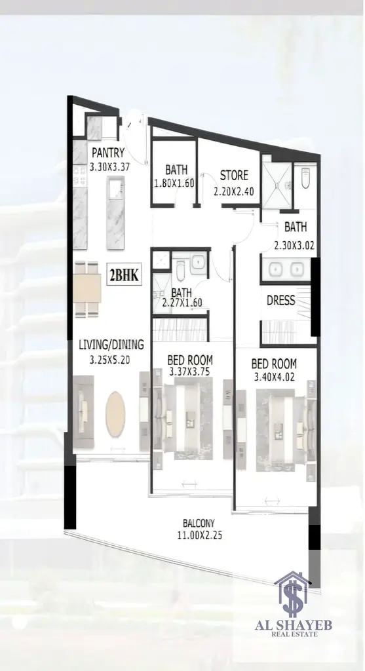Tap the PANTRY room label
tap(108, 152)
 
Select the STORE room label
tap(234, 175)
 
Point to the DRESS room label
tap(280, 300)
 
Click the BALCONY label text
tap(199, 523)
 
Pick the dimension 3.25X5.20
tap(109, 360)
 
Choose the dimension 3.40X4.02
tap(274, 377)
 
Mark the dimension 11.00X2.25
tap(199, 535)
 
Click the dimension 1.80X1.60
tap(174, 183)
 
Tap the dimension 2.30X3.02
tap(294, 246)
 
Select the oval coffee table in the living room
tap(115, 414)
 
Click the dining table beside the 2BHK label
tap(87, 288)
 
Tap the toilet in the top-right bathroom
tap(305, 178)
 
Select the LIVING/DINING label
tap(111, 345)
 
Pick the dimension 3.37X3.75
tap(189, 372)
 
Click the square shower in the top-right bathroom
tap(277, 185)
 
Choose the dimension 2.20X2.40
tap(234, 191)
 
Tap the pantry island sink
tap(116, 189)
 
